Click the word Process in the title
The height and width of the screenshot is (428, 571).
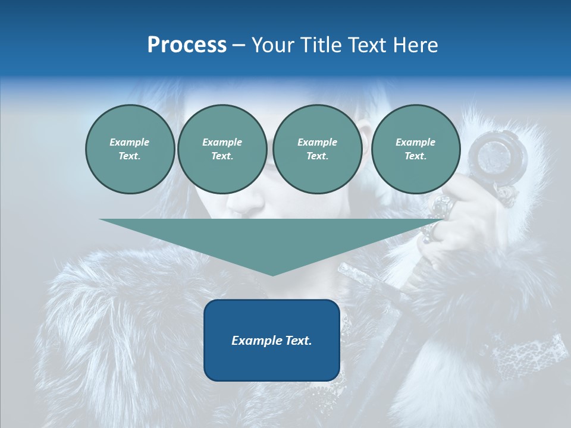pyautogui.click(x=187, y=45)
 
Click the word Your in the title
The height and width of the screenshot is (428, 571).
pyautogui.click(x=272, y=45)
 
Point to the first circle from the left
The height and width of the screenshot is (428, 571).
pyautogui.click(x=130, y=149)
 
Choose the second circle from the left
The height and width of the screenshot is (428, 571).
pyautogui.click(x=222, y=149)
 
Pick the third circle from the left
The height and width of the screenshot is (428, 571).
pyautogui.click(x=317, y=149)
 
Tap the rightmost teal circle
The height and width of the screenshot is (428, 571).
pyautogui.click(x=415, y=149)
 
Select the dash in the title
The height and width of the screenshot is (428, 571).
pyautogui.click(x=239, y=45)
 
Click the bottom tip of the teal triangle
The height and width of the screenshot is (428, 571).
pyautogui.click(x=272, y=275)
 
